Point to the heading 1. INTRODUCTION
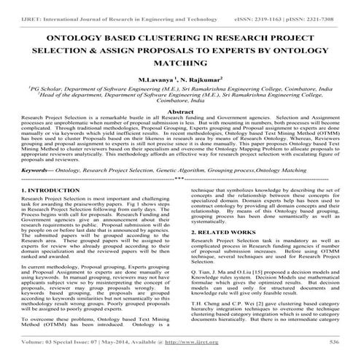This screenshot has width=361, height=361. click(48, 209)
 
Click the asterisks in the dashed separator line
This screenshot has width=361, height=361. click(179, 198)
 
